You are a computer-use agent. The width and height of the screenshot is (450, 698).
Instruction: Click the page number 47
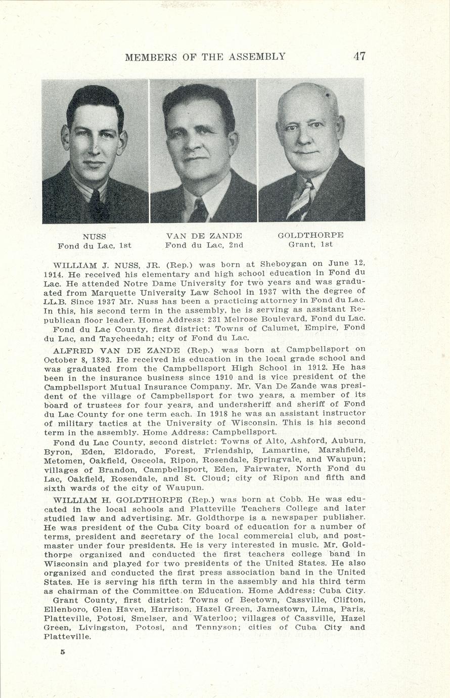(x=359, y=56)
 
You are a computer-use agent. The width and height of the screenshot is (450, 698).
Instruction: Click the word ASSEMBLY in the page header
(x=257, y=57)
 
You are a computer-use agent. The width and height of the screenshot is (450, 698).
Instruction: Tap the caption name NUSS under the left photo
(x=95, y=236)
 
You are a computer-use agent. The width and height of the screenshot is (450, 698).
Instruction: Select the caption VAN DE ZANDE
(x=204, y=236)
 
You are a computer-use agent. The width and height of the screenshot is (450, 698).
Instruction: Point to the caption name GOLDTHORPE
(x=310, y=235)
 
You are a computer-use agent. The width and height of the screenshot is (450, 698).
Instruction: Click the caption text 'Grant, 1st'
(x=310, y=245)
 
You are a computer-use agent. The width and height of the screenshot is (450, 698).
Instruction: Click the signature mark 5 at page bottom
(x=63, y=652)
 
